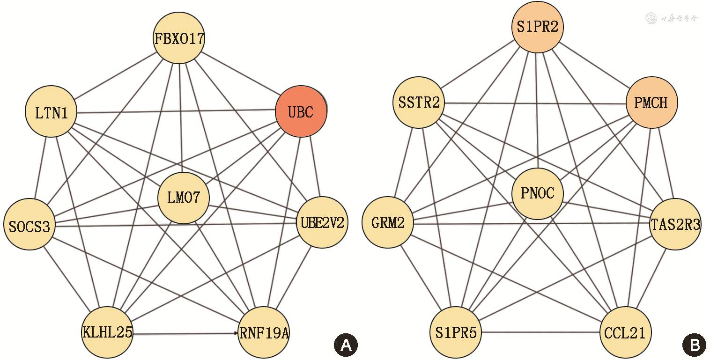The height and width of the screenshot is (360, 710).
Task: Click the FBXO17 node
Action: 179,38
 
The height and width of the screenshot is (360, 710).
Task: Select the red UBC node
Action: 301,112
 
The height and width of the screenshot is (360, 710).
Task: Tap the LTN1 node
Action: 51,112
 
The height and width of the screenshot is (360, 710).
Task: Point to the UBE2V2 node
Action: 322,222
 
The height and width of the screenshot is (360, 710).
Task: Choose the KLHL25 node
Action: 107,332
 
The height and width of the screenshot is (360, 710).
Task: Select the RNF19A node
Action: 264,333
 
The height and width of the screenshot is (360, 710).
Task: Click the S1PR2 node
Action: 537,27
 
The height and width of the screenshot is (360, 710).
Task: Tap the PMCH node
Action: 651,103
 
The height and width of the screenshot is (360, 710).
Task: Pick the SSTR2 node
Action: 419,103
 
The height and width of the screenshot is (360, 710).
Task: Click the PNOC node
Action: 537,193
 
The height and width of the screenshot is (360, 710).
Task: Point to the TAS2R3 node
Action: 675,224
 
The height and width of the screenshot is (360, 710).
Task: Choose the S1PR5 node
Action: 455,332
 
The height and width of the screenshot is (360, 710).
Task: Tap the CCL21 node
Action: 625,332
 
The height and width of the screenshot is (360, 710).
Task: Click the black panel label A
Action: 346,345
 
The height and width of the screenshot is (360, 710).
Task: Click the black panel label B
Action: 695,345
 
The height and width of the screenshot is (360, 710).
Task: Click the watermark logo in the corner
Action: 651,18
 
